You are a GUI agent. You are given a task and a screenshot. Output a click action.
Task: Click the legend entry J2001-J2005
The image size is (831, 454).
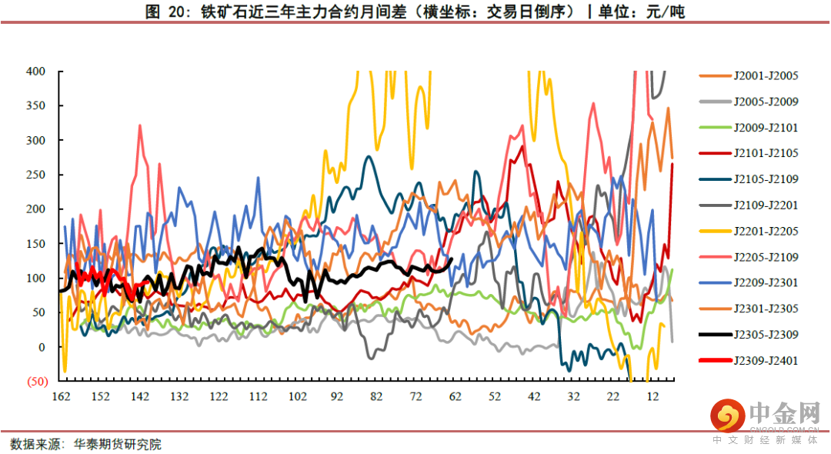(766, 75)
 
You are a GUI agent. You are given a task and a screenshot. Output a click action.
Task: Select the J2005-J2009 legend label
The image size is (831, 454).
(766, 102)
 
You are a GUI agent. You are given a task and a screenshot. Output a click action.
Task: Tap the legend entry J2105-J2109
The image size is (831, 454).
(766, 179)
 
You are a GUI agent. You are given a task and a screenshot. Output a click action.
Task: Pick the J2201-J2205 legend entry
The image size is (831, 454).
(766, 231)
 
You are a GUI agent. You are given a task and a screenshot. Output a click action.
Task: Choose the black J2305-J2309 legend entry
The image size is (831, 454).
(766, 335)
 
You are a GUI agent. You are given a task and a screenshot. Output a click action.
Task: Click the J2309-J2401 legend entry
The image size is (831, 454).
(766, 360)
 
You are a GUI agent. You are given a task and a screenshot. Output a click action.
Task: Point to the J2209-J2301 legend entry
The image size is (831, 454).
(766, 282)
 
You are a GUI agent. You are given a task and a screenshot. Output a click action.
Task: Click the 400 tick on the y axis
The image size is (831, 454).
(36, 72)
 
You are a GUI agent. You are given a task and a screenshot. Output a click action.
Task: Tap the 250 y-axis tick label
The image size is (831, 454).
(36, 175)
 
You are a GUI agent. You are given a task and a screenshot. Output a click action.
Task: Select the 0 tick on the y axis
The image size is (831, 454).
(42, 347)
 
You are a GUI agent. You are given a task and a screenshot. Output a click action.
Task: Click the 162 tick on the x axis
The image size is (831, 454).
(61, 397)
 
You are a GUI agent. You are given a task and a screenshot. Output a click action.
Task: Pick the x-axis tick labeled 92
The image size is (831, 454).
(336, 397)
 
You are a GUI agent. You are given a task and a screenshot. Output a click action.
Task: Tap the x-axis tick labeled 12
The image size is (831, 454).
(652, 397)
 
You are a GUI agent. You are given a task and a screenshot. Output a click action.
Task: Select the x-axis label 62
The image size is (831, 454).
(455, 397)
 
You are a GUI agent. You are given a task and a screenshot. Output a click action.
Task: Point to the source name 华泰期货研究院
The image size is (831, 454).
(118, 444)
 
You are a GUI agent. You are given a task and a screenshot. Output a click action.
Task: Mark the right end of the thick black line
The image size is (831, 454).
(452, 259)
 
